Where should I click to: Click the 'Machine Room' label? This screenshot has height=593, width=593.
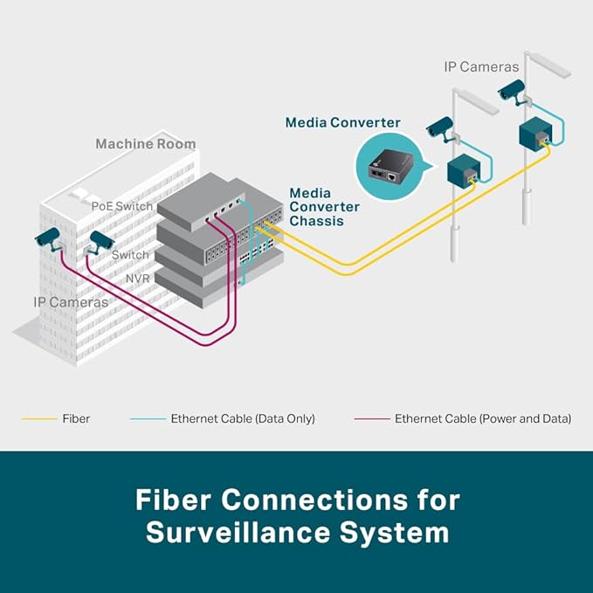[146, 143]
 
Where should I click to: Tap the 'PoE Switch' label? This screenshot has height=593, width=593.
[122, 206]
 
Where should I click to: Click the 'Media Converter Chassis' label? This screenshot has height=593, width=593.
[324, 207]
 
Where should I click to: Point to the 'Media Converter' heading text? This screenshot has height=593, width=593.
[342, 122]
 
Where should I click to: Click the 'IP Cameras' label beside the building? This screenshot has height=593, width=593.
[71, 302]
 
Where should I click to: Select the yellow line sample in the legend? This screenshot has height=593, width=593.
[38, 419]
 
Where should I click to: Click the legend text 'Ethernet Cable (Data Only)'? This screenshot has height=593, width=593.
[243, 419]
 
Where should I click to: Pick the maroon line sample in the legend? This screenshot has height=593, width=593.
[371, 419]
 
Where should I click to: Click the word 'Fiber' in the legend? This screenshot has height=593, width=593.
[76, 419]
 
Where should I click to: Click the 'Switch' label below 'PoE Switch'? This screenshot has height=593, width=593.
[130, 255]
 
